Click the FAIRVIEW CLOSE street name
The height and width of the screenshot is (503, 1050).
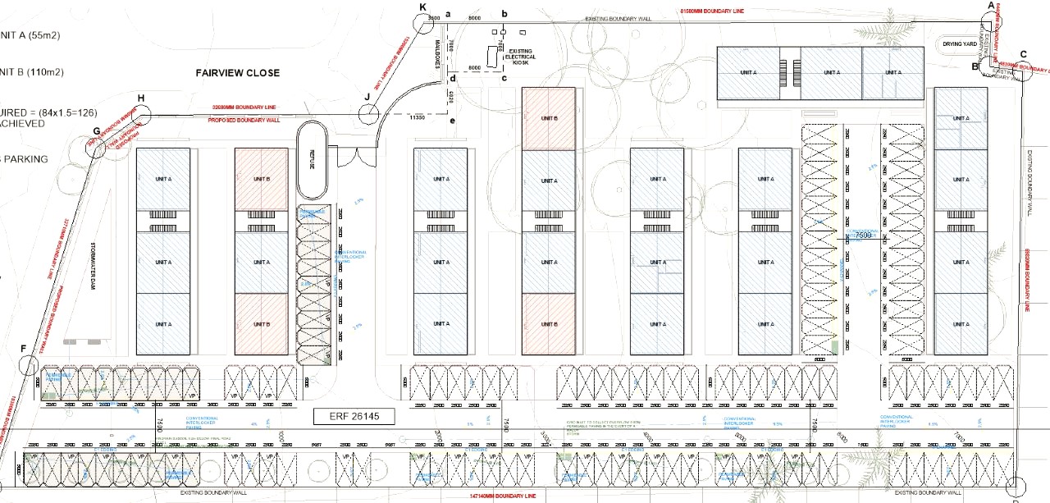237,73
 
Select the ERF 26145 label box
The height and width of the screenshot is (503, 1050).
354,417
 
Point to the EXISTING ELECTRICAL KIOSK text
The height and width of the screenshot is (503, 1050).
522,55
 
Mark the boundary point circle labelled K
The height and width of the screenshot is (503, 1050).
423,21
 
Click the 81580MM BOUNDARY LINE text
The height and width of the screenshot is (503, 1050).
710,11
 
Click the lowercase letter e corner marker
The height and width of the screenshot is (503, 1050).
452,121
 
